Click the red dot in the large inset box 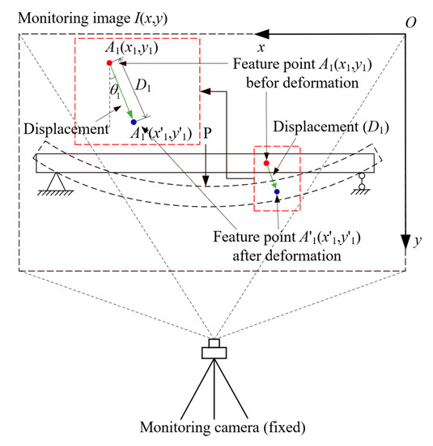[x=109, y=62]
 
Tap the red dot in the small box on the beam [x=265, y=163]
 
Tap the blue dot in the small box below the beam [x=277, y=191]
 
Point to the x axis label [x=260, y=24]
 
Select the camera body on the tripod [x=214, y=350]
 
